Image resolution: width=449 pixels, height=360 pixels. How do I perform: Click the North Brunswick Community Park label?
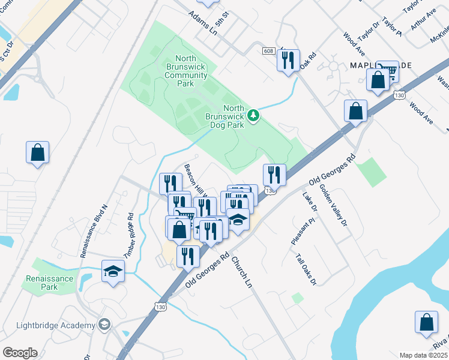185,71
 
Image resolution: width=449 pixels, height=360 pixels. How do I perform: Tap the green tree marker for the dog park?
254,115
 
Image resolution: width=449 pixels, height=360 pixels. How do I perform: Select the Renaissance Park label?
49,283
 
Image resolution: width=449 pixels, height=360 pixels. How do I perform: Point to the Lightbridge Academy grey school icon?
105,325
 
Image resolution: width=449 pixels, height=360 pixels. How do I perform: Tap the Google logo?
20,353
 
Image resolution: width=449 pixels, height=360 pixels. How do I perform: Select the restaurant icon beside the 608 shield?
288,60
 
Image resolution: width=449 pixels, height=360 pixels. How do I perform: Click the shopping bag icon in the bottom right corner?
427,322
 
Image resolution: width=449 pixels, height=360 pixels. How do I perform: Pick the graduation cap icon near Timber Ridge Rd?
113,271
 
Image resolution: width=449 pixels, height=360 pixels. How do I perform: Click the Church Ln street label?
241,272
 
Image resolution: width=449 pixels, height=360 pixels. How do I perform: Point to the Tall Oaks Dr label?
306,268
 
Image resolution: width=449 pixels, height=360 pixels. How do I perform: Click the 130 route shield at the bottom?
160,307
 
